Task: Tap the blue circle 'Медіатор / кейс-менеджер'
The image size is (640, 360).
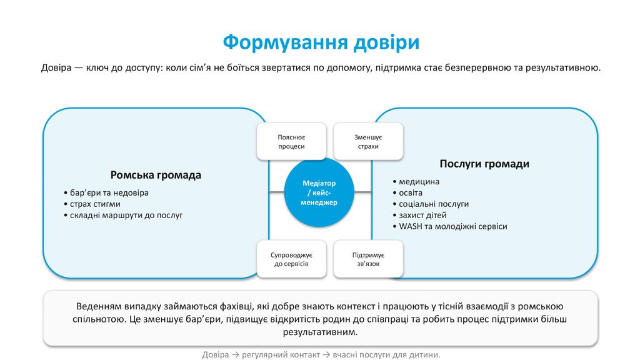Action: (x=319, y=193)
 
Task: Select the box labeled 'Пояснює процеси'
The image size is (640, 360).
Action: (x=291, y=141)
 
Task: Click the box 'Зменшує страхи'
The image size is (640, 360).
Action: (x=368, y=141)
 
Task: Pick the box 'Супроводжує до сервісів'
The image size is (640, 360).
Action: (x=291, y=259)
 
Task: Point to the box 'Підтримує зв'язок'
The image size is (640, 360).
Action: (x=368, y=259)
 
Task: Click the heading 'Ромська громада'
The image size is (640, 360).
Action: (x=156, y=175)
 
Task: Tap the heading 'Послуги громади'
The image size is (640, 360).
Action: (x=484, y=164)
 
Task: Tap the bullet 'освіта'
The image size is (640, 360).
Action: (x=411, y=192)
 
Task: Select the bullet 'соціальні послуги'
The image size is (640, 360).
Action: (x=431, y=204)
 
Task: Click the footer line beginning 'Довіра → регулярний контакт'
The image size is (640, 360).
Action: (x=321, y=354)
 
